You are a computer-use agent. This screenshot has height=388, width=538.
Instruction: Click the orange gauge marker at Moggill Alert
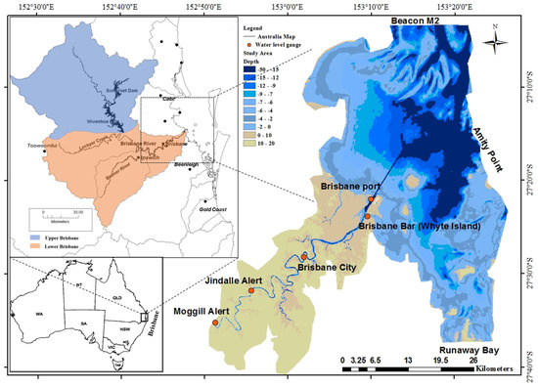tap(215, 322)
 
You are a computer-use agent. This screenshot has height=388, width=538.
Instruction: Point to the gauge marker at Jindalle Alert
tap(251, 290)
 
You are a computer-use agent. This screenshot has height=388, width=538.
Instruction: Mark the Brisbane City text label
tap(332, 266)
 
